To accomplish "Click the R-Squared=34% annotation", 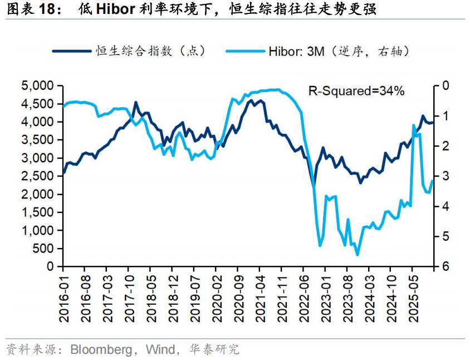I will (357, 91).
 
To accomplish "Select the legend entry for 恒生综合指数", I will (151, 51).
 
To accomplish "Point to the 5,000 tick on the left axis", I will (37, 86).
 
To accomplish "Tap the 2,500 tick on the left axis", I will (37, 176).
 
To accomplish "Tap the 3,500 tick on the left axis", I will (37, 140).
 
